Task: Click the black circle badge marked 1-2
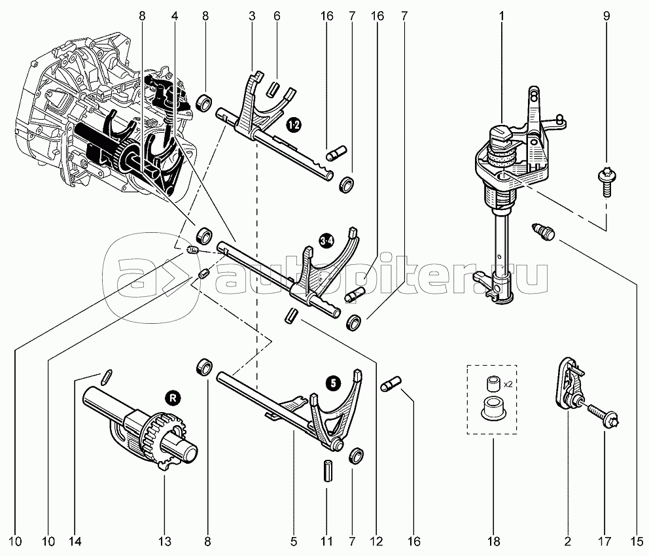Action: (x=293, y=124)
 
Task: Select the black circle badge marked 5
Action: (x=334, y=383)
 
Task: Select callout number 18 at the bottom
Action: (x=492, y=541)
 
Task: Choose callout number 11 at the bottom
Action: (x=326, y=541)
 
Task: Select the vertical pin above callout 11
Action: (x=326, y=470)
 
